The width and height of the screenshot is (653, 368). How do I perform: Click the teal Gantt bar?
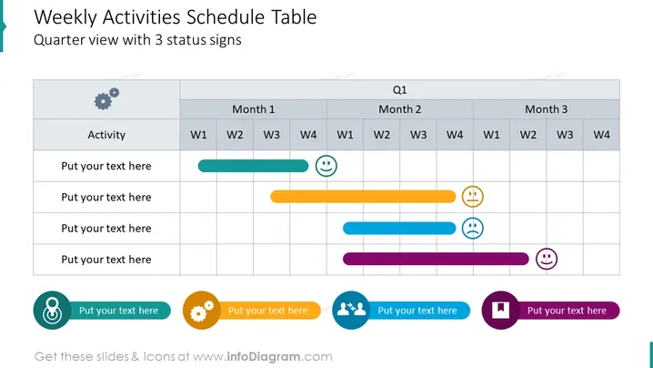(253, 166)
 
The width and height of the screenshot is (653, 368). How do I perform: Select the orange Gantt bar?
(363, 197)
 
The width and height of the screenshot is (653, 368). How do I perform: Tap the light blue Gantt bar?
(399, 229)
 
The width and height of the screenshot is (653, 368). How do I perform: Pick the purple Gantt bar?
(436, 259)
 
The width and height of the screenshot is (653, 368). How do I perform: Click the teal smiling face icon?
(326, 166)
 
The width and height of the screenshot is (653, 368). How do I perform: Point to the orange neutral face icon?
(473, 197)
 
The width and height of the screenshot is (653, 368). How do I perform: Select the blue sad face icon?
(473, 229)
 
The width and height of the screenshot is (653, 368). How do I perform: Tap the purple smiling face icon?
(547, 259)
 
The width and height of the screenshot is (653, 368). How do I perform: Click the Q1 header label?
(400, 89)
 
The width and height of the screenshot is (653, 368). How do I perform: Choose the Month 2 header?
(400, 109)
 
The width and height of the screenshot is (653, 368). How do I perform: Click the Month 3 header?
(547, 109)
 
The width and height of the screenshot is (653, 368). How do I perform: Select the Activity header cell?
(106, 135)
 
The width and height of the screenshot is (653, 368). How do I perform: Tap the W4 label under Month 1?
(308, 135)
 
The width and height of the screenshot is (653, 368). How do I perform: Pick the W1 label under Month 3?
(491, 135)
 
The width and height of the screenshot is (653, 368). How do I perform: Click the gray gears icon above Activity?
(106, 98)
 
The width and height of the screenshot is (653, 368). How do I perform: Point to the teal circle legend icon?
(53, 310)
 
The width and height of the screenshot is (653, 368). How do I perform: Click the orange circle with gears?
(202, 310)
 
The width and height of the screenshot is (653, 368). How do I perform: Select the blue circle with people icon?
(351, 310)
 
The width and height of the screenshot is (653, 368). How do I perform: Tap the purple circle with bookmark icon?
(500, 310)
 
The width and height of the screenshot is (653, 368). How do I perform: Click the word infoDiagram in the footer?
(264, 357)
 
